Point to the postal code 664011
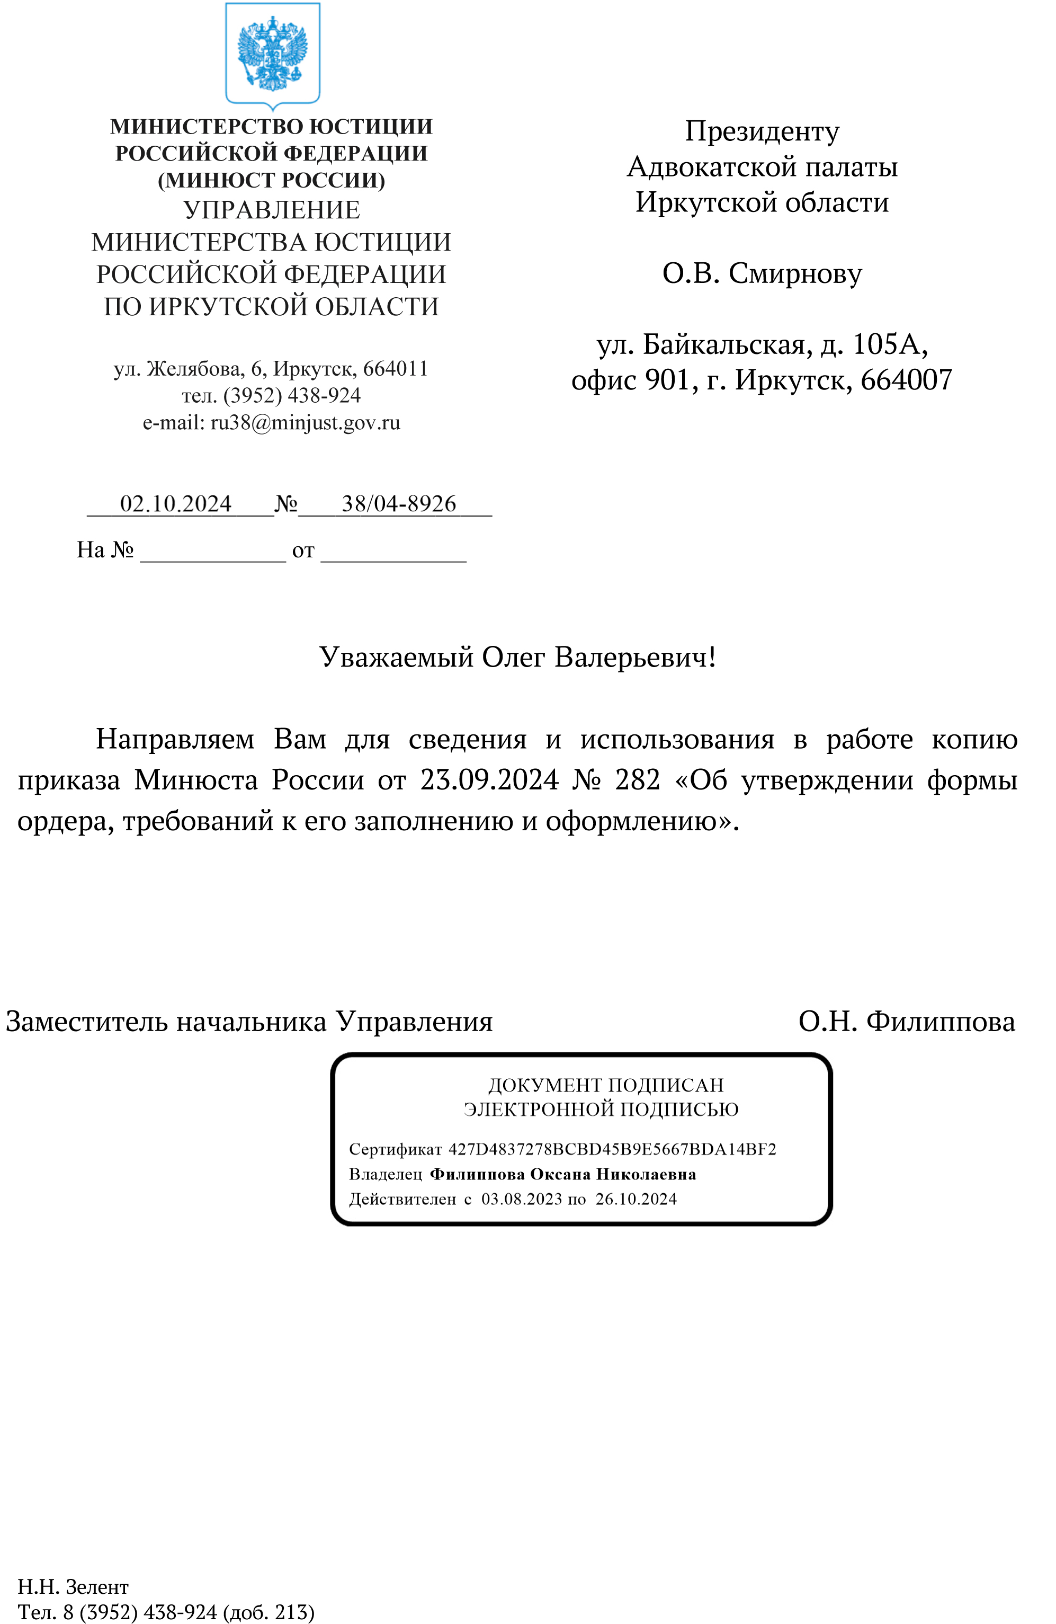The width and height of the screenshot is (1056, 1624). tap(395, 369)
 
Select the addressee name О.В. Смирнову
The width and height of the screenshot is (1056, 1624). tap(762, 273)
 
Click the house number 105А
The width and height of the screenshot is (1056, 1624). tap(889, 344)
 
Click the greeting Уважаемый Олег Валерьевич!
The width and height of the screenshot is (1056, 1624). tap(517, 657)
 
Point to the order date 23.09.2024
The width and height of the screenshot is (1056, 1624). tap(488, 780)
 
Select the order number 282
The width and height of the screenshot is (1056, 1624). tap(637, 780)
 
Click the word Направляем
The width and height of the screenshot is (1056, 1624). tap(175, 739)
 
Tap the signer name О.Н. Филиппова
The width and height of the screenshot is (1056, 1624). tap(906, 1022)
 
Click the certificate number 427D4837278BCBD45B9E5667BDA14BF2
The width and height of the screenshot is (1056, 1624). tap(611, 1149)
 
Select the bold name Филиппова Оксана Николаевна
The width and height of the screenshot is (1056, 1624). tap(563, 1174)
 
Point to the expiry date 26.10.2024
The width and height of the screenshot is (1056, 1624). tap(636, 1200)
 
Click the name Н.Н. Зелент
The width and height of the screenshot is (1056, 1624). tap(73, 1587)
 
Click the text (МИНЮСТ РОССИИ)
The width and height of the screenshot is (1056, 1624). tap(272, 180)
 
